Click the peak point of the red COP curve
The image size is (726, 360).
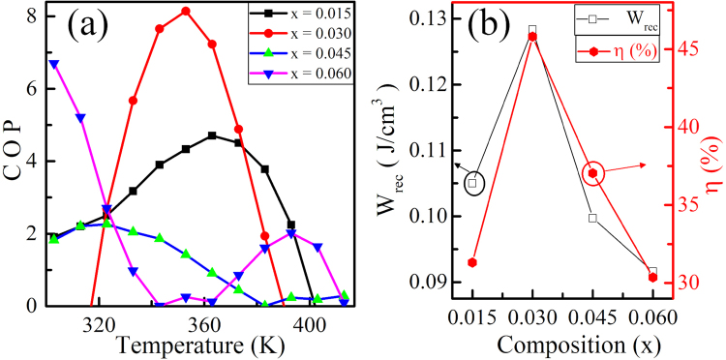pyautogui.click(x=186, y=12)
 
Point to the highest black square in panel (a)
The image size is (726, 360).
pyautogui.click(x=212, y=135)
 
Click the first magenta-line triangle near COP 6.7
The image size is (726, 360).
pyautogui.click(x=54, y=64)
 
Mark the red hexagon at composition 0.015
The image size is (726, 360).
pyautogui.click(x=472, y=262)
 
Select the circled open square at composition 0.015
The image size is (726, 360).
pyautogui.click(x=472, y=182)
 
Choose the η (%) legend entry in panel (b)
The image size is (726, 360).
pyautogui.click(x=620, y=49)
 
